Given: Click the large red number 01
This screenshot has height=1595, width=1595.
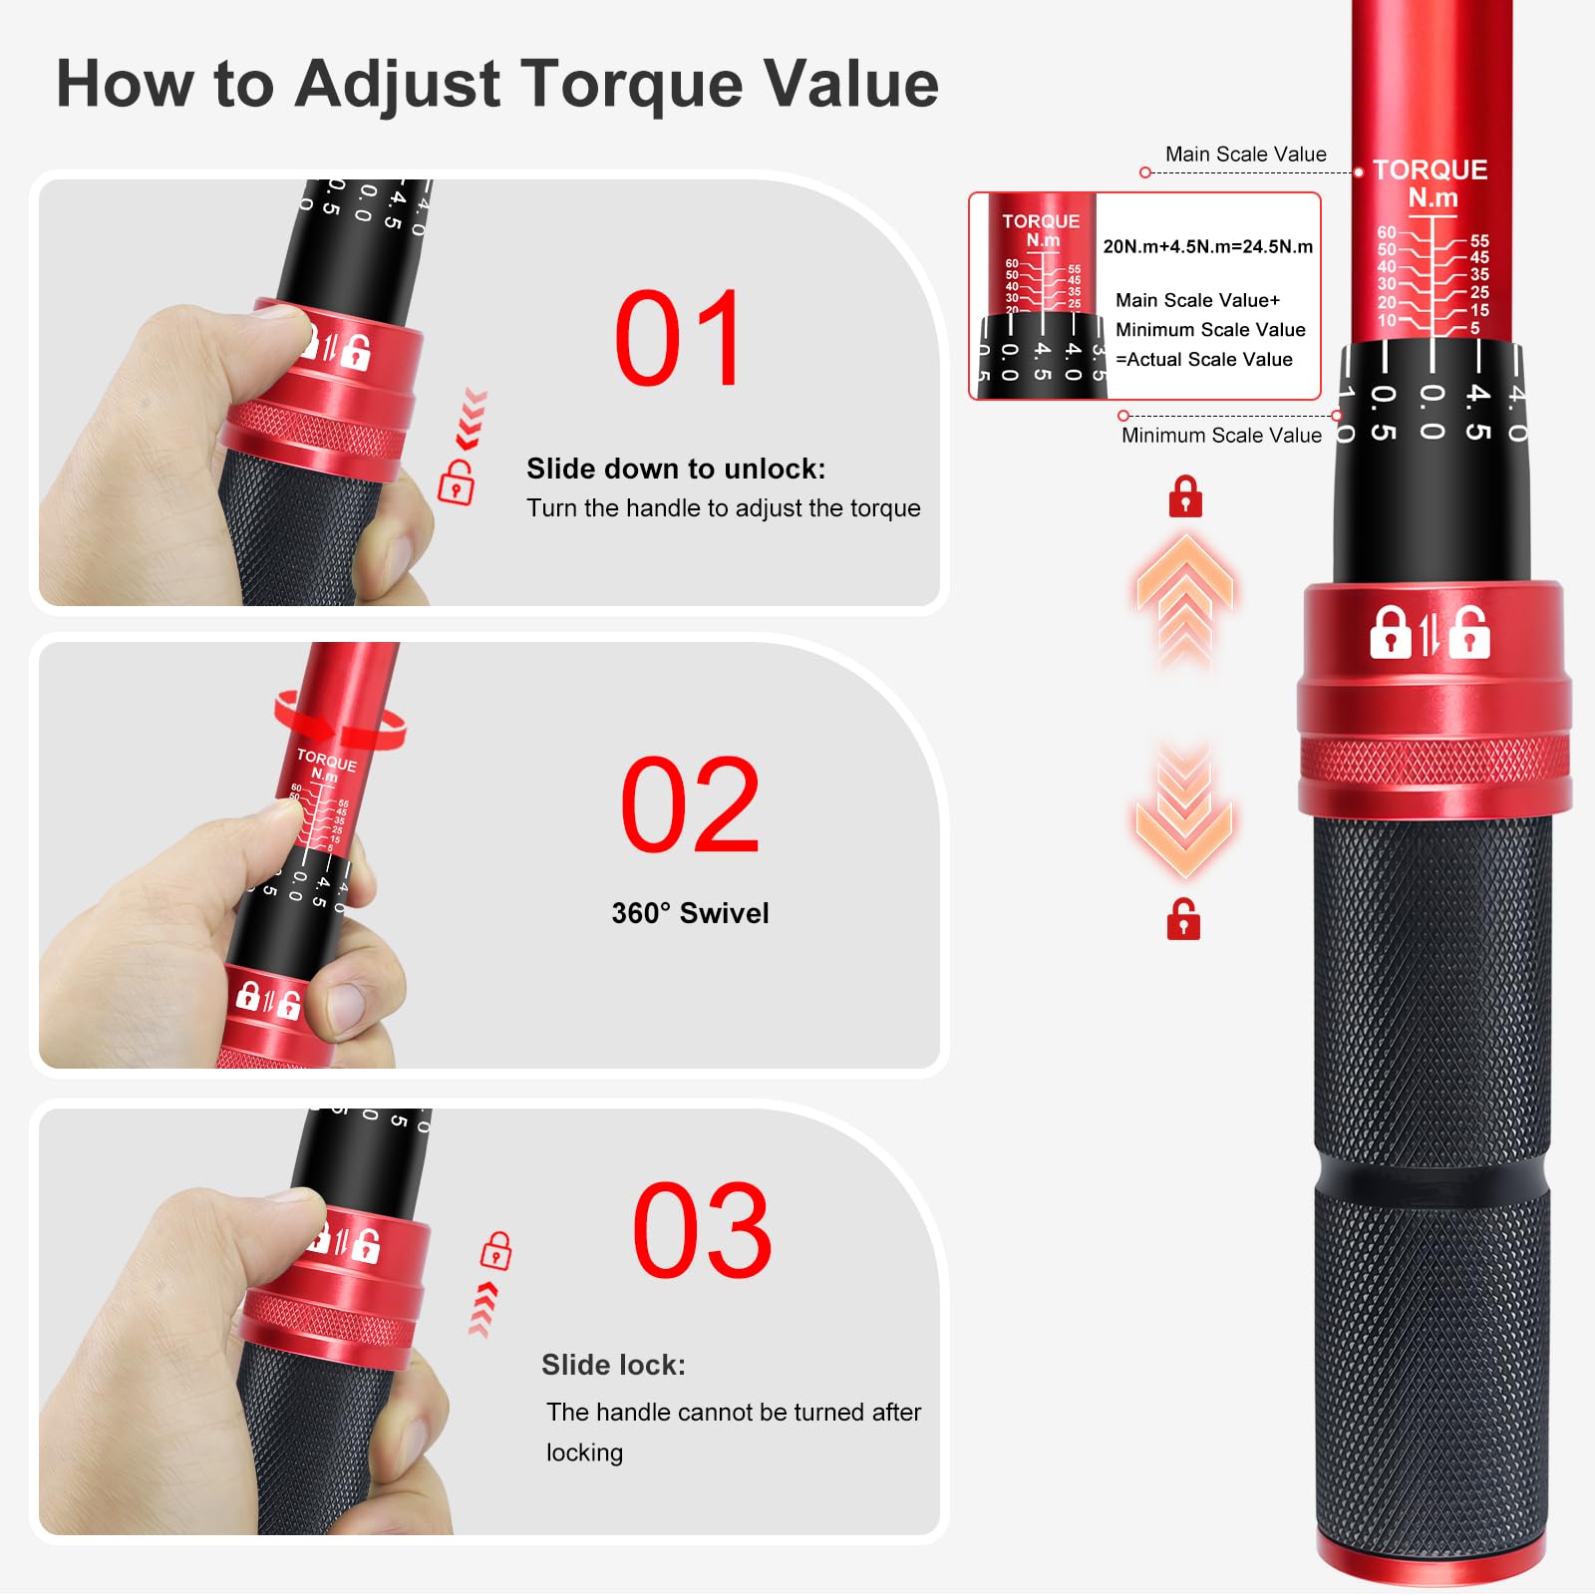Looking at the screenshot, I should [679, 339].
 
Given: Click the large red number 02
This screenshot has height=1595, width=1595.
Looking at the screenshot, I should [690, 804].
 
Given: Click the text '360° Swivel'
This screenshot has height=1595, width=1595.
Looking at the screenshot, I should [690, 913].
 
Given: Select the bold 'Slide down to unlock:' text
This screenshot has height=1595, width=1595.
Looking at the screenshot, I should [676, 469].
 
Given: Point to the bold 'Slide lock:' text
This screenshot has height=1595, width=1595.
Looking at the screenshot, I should [613, 1365].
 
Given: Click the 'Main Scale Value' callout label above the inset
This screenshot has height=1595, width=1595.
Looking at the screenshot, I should [1245, 155].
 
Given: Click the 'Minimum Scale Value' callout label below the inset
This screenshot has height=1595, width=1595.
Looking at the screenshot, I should [1221, 436].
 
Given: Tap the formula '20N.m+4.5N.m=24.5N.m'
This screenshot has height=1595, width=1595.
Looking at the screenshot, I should [1207, 246].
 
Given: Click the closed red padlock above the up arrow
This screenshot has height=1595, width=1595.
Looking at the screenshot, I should [1185, 496].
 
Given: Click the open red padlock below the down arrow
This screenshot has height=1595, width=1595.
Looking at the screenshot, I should [1183, 920].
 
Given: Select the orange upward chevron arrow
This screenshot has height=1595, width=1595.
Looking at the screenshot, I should [1184, 598].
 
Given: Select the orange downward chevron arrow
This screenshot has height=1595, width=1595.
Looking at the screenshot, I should [1184, 812].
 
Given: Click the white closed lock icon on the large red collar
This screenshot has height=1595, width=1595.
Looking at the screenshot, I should [1391, 632].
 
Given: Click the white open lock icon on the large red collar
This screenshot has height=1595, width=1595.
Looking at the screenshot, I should [1469, 632].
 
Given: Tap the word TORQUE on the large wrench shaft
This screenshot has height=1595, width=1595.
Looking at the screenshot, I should [1430, 169].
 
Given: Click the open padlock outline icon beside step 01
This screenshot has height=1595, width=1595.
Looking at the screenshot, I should [457, 482].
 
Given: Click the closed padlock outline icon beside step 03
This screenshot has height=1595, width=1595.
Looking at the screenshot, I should [495, 1250].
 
